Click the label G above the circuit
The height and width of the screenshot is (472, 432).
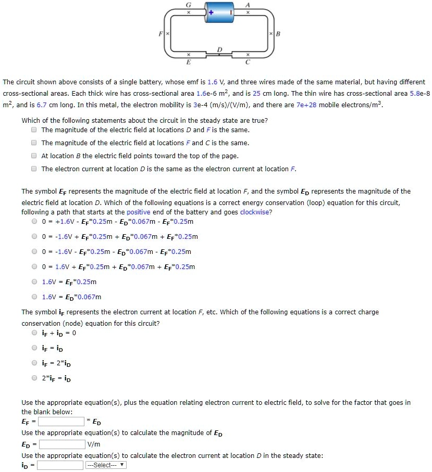(189, 4)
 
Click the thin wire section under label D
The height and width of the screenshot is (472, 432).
(219, 55)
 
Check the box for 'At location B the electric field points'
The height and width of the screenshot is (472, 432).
(34, 156)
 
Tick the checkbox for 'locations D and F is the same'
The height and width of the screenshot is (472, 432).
(34, 130)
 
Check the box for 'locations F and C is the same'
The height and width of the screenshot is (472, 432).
(34, 143)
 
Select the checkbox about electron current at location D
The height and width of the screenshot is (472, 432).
(34, 169)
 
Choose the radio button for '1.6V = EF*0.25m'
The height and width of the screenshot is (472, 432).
(34, 282)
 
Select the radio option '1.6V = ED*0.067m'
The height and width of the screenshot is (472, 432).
(34, 297)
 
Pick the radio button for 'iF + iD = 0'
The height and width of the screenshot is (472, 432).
(34, 333)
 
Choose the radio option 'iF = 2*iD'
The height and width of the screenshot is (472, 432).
(34, 362)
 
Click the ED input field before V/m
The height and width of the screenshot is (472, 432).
(62, 444)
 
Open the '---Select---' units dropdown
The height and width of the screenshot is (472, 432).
(106, 465)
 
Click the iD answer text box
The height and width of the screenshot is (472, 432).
(60, 465)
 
